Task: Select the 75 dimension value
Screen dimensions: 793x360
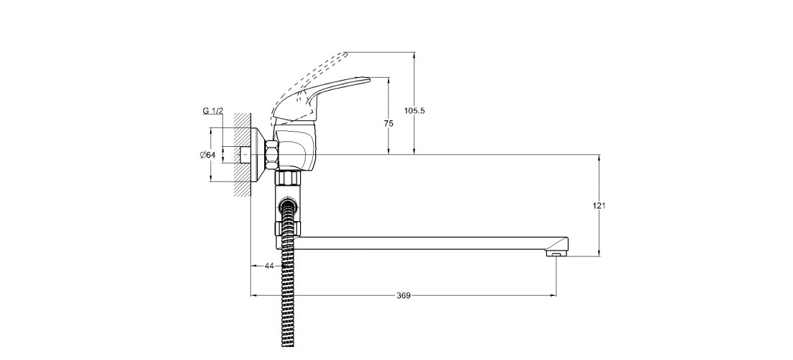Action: pos(389,124)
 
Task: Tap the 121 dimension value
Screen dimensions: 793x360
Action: pos(599,206)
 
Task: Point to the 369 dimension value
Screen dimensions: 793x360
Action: pos(404,296)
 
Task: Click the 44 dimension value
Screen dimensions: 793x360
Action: pos(269,265)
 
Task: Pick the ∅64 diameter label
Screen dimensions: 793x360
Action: pos(208,155)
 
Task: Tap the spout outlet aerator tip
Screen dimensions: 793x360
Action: pos(556,254)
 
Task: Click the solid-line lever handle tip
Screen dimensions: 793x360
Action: pos(368,79)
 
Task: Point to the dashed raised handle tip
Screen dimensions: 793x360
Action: pos(345,53)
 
